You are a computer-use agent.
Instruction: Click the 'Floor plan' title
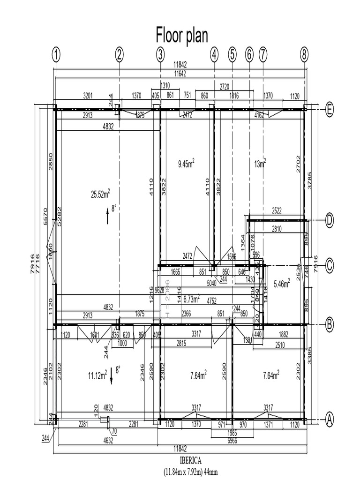coord(181,35)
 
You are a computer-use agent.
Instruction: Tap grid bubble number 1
coord(57,55)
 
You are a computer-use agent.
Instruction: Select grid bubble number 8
coord(304,55)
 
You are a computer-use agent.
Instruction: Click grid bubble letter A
coord(330,419)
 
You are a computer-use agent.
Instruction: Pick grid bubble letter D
coord(330,220)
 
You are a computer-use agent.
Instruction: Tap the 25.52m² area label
coord(100,194)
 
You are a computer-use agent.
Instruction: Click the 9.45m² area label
coord(186,164)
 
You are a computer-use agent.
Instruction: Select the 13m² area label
coord(260,163)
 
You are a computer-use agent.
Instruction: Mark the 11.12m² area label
coord(97,375)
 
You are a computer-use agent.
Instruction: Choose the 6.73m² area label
coord(191,299)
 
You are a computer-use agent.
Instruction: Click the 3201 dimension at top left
coord(88,96)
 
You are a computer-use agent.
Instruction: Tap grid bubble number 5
coord(232,55)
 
